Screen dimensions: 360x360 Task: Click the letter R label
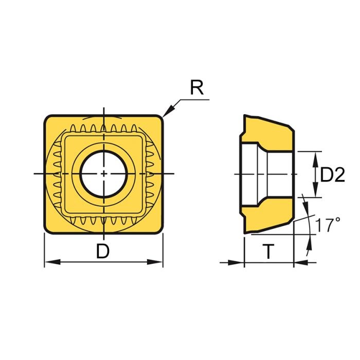point(196,88)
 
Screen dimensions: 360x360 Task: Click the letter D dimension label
point(103,251)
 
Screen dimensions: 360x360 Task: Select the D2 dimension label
point(332,175)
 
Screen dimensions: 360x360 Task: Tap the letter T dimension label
point(268,251)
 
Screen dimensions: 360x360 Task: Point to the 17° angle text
point(328,225)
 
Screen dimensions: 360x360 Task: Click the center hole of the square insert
point(104,174)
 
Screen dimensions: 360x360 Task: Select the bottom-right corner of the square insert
point(159,230)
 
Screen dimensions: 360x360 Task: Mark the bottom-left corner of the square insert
point(48,230)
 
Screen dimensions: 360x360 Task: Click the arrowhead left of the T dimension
point(239,263)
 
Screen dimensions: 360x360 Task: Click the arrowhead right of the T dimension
point(298,263)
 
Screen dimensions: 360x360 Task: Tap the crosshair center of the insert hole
point(104,174)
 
